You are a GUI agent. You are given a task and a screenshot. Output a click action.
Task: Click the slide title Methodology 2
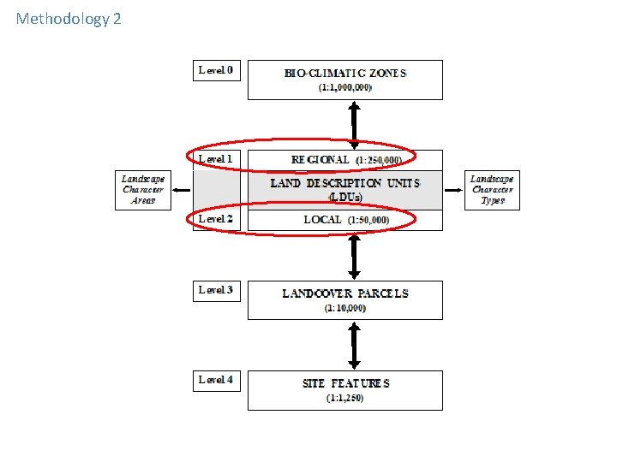click(x=69, y=18)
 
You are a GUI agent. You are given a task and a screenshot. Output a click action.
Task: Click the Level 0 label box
click(x=216, y=70)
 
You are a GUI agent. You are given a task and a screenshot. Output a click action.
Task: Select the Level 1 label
click(x=216, y=159)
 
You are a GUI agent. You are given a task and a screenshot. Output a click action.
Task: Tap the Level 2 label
click(x=216, y=219)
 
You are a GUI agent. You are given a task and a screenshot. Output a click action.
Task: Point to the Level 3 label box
click(x=216, y=290)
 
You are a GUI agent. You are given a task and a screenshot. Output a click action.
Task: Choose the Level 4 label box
click(x=216, y=380)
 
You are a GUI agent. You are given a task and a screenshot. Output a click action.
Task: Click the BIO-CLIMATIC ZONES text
click(x=345, y=73)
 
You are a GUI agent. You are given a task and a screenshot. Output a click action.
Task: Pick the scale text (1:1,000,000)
click(x=345, y=88)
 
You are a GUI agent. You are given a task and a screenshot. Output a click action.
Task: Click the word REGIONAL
click(x=320, y=159)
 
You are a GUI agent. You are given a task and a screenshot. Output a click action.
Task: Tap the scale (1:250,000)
click(x=385, y=160)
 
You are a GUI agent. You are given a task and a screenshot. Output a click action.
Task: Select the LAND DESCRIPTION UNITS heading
click(x=344, y=183)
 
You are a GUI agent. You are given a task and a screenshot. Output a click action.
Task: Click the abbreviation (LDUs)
click(x=345, y=197)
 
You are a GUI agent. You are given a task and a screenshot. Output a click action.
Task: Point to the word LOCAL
click(x=322, y=220)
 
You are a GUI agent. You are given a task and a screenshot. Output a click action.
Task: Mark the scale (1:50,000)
click(x=368, y=221)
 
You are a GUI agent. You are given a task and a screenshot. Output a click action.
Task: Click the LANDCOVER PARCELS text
click(x=345, y=293)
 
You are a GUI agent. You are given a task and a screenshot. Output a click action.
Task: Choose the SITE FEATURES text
click(x=345, y=383)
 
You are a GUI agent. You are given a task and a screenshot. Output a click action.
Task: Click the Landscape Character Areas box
click(x=141, y=190)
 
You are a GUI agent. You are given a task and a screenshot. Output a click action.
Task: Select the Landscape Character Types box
click(x=492, y=190)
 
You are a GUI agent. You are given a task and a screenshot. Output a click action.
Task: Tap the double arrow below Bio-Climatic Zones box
click(x=352, y=121)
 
